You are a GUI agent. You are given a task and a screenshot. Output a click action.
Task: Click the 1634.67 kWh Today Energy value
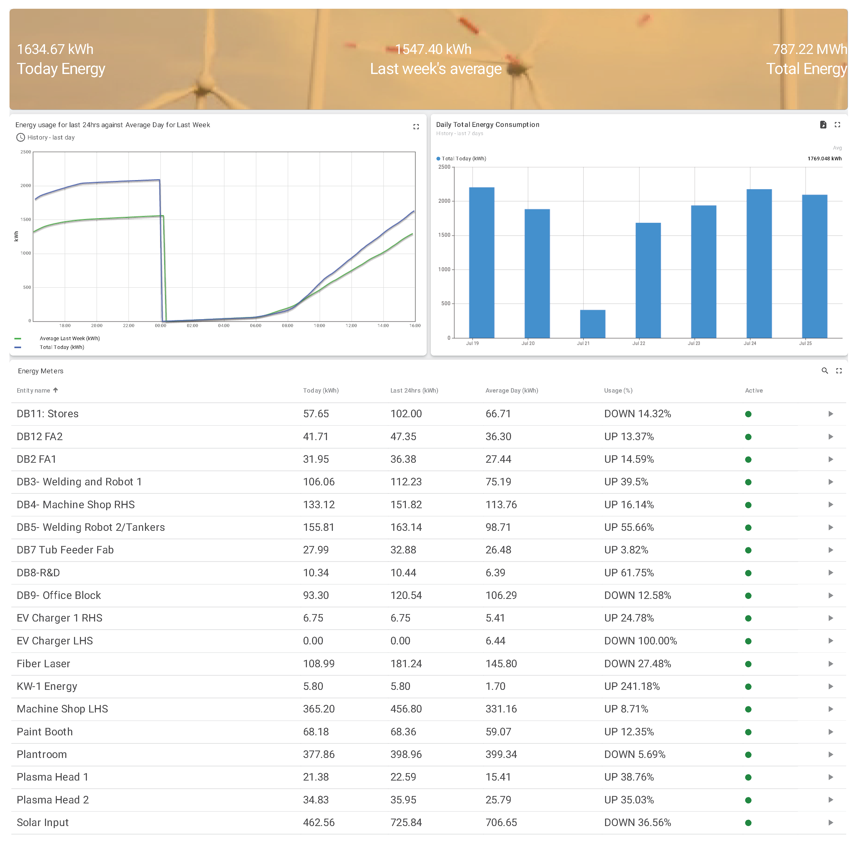click(x=55, y=49)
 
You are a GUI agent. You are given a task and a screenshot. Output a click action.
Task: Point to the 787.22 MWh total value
click(x=809, y=49)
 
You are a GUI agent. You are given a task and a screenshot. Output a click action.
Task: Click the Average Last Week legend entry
click(x=70, y=339)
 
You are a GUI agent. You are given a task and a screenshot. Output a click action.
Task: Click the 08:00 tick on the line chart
click(x=287, y=326)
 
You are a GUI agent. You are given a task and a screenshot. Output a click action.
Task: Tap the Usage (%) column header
click(x=618, y=391)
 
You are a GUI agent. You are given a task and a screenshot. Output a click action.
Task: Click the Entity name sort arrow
click(x=55, y=390)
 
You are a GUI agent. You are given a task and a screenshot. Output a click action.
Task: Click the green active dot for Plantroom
click(x=748, y=755)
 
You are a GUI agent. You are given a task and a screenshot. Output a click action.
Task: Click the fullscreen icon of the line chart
click(x=416, y=127)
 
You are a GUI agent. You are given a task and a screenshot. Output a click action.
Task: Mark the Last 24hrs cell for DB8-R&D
click(x=403, y=573)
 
